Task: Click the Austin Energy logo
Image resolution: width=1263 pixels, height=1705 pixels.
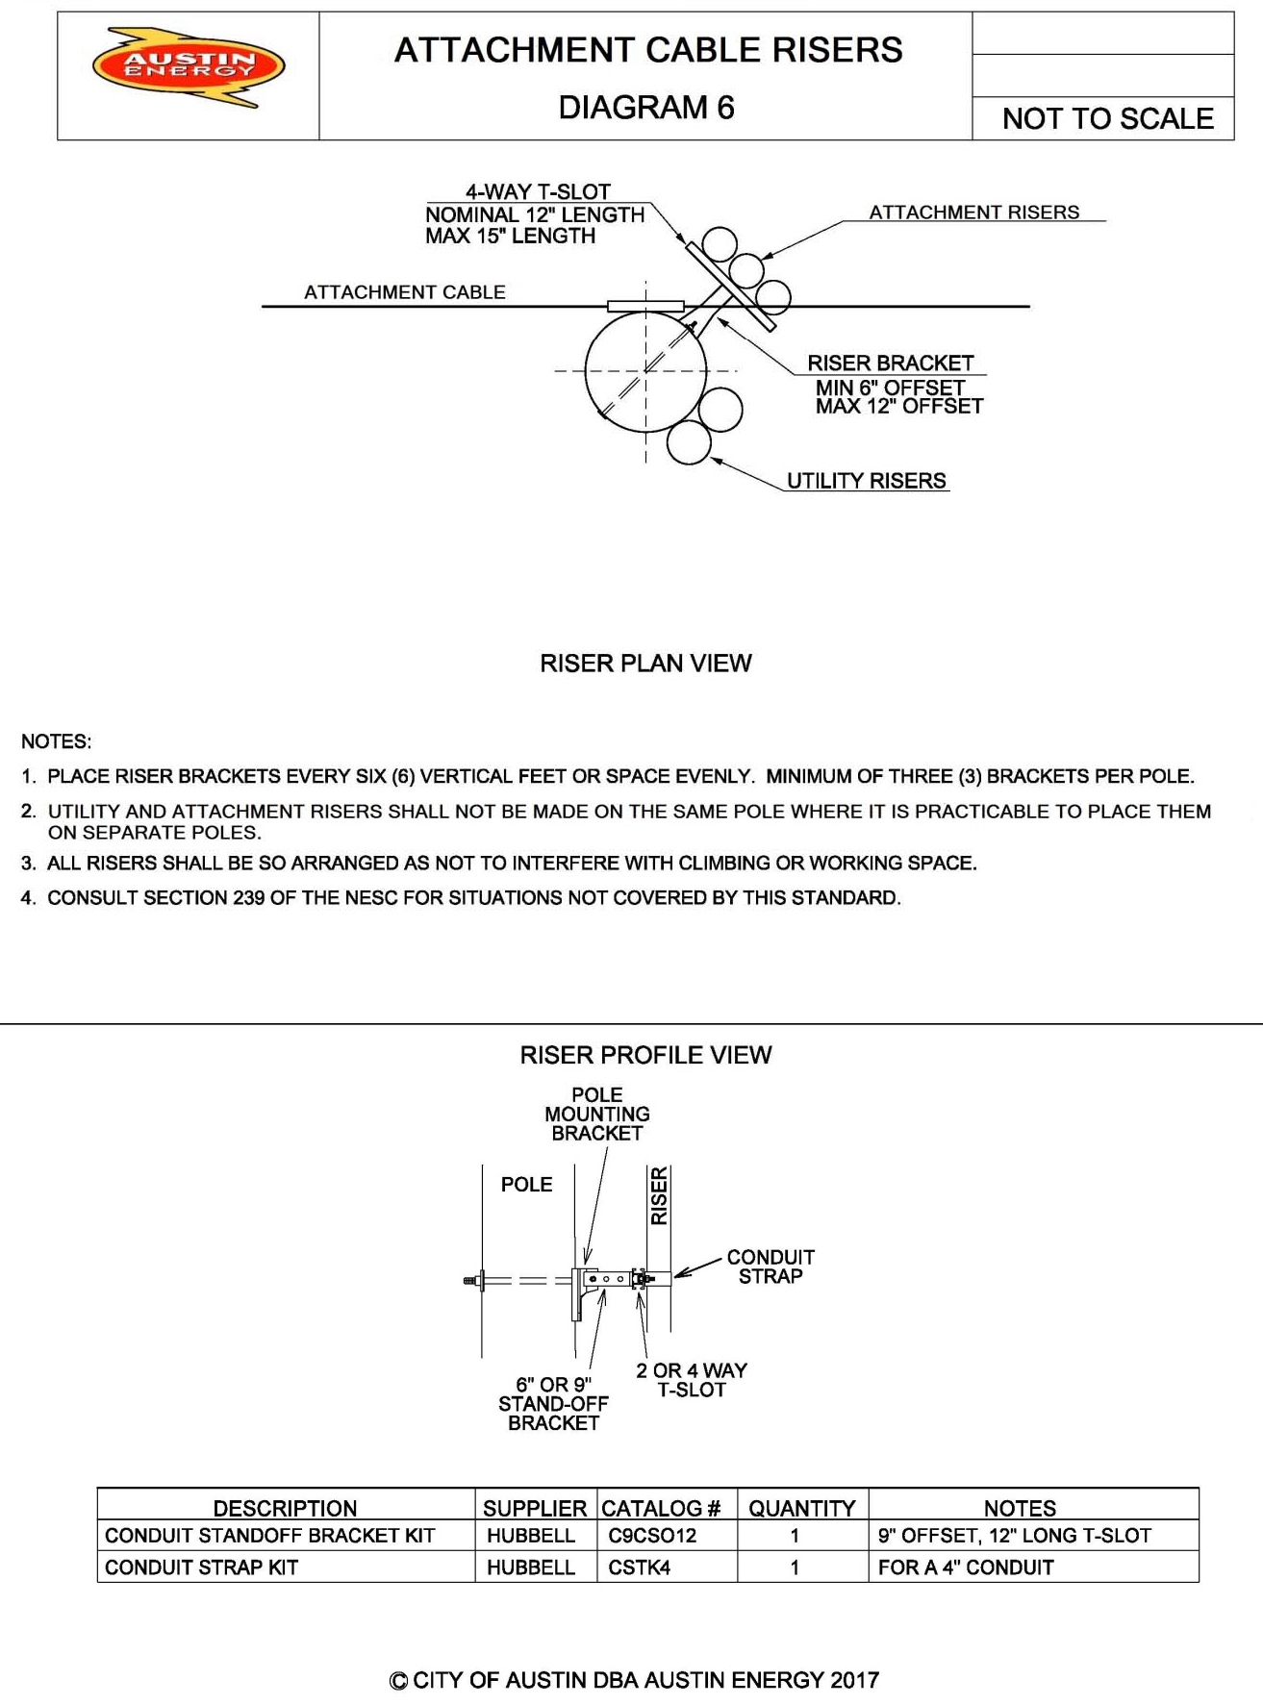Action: tap(189, 66)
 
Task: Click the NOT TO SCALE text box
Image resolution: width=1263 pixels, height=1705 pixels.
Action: tap(1107, 118)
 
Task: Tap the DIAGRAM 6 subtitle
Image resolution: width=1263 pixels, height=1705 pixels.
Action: tap(646, 107)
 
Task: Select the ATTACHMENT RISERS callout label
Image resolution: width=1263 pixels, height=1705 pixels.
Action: tap(973, 213)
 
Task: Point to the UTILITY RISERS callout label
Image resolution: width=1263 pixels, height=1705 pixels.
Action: tap(866, 481)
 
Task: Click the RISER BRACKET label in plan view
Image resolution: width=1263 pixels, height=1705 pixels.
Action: tap(890, 364)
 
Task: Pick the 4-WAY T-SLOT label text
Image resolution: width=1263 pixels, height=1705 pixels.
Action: tap(538, 192)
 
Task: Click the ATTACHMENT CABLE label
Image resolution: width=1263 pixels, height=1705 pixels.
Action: tap(404, 292)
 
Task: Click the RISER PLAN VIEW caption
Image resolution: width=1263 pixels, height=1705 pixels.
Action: tap(645, 664)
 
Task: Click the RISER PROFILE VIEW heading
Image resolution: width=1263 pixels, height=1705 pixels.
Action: tap(645, 1056)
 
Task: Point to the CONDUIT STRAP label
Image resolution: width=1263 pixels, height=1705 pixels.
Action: tap(770, 1266)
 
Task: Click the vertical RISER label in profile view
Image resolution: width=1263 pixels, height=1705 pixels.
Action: tap(659, 1195)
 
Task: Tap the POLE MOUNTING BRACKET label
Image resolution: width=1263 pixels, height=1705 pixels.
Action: tap(597, 1115)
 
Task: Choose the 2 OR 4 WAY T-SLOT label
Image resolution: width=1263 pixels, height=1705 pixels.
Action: tap(691, 1380)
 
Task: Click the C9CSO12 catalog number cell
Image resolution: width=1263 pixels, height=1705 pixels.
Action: tap(651, 1536)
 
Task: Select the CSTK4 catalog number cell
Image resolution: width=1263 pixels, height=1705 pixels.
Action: tap(639, 1567)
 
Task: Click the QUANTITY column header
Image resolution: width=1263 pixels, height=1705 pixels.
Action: tap(801, 1508)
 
